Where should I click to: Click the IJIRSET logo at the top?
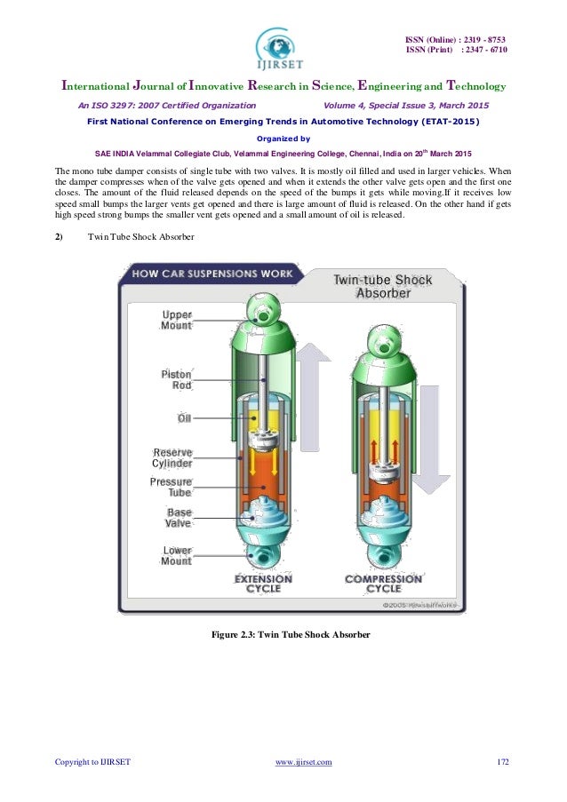[x=283, y=45]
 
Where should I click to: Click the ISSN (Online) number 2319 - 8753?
[x=483, y=40]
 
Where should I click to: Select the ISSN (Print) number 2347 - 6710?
[x=483, y=51]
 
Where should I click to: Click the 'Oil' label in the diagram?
[x=184, y=417]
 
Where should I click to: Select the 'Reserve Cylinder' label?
[x=172, y=458]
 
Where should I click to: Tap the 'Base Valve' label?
[x=178, y=519]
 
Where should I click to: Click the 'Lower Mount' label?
[x=176, y=556]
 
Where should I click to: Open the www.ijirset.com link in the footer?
[x=305, y=762]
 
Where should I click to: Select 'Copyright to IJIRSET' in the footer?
[x=92, y=762]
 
